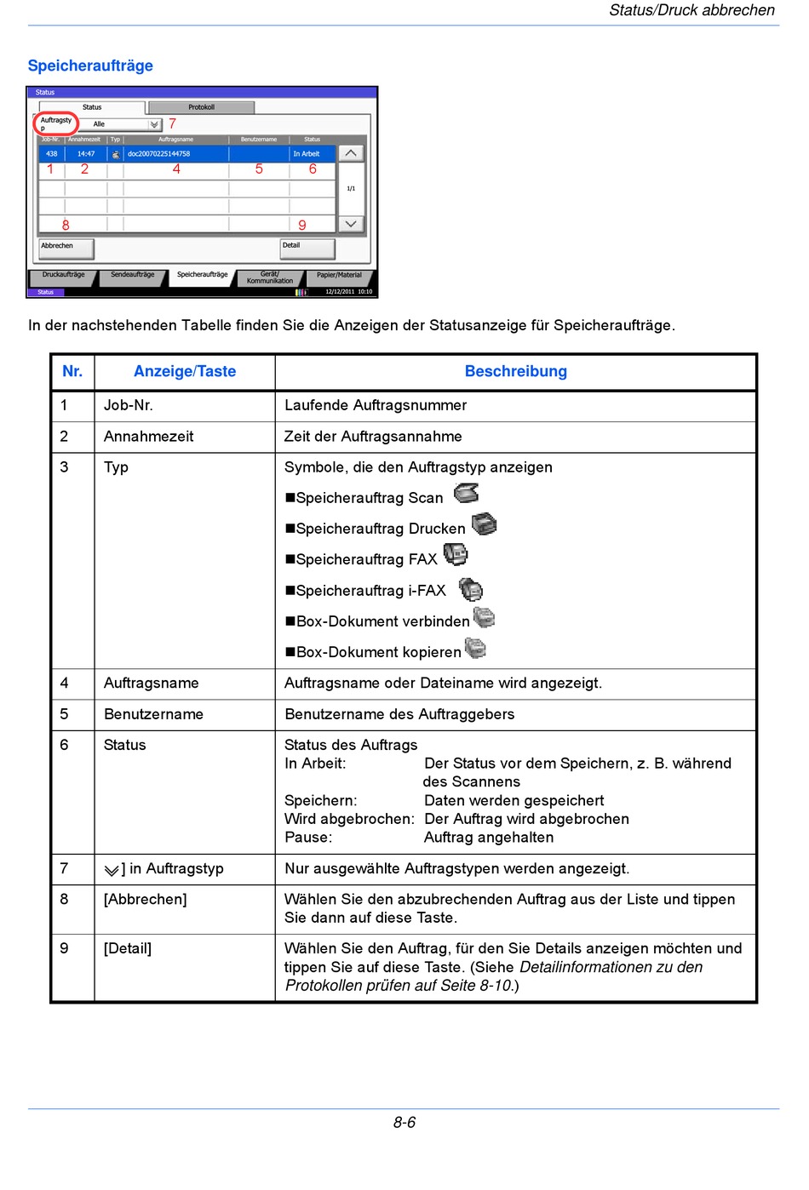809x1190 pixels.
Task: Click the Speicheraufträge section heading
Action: (x=90, y=66)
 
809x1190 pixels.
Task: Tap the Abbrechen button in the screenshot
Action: (x=66, y=248)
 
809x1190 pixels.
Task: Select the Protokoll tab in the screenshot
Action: (x=201, y=107)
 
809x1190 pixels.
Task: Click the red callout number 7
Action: (x=172, y=124)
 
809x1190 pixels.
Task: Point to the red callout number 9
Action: (x=302, y=226)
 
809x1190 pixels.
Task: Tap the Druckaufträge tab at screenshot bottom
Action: (x=63, y=276)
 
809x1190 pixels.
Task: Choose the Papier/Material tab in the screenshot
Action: (x=339, y=276)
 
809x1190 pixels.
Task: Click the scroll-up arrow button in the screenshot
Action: (x=351, y=153)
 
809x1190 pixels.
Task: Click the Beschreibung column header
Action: (x=515, y=371)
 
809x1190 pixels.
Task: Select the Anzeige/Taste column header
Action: (x=185, y=371)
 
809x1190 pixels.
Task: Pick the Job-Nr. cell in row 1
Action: (x=129, y=405)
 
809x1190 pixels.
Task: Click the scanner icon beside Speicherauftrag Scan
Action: (x=467, y=493)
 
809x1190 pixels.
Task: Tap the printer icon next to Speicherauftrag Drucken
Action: (x=485, y=524)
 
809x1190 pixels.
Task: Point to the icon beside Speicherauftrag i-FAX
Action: (x=471, y=589)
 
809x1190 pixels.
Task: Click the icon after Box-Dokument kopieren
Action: (x=475, y=649)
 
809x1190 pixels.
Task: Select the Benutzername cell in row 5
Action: (x=153, y=714)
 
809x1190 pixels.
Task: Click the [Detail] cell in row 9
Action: (x=128, y=948)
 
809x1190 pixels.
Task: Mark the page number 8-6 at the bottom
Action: (x=404, y=1123)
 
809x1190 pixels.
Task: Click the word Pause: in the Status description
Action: (x=308, y=838)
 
